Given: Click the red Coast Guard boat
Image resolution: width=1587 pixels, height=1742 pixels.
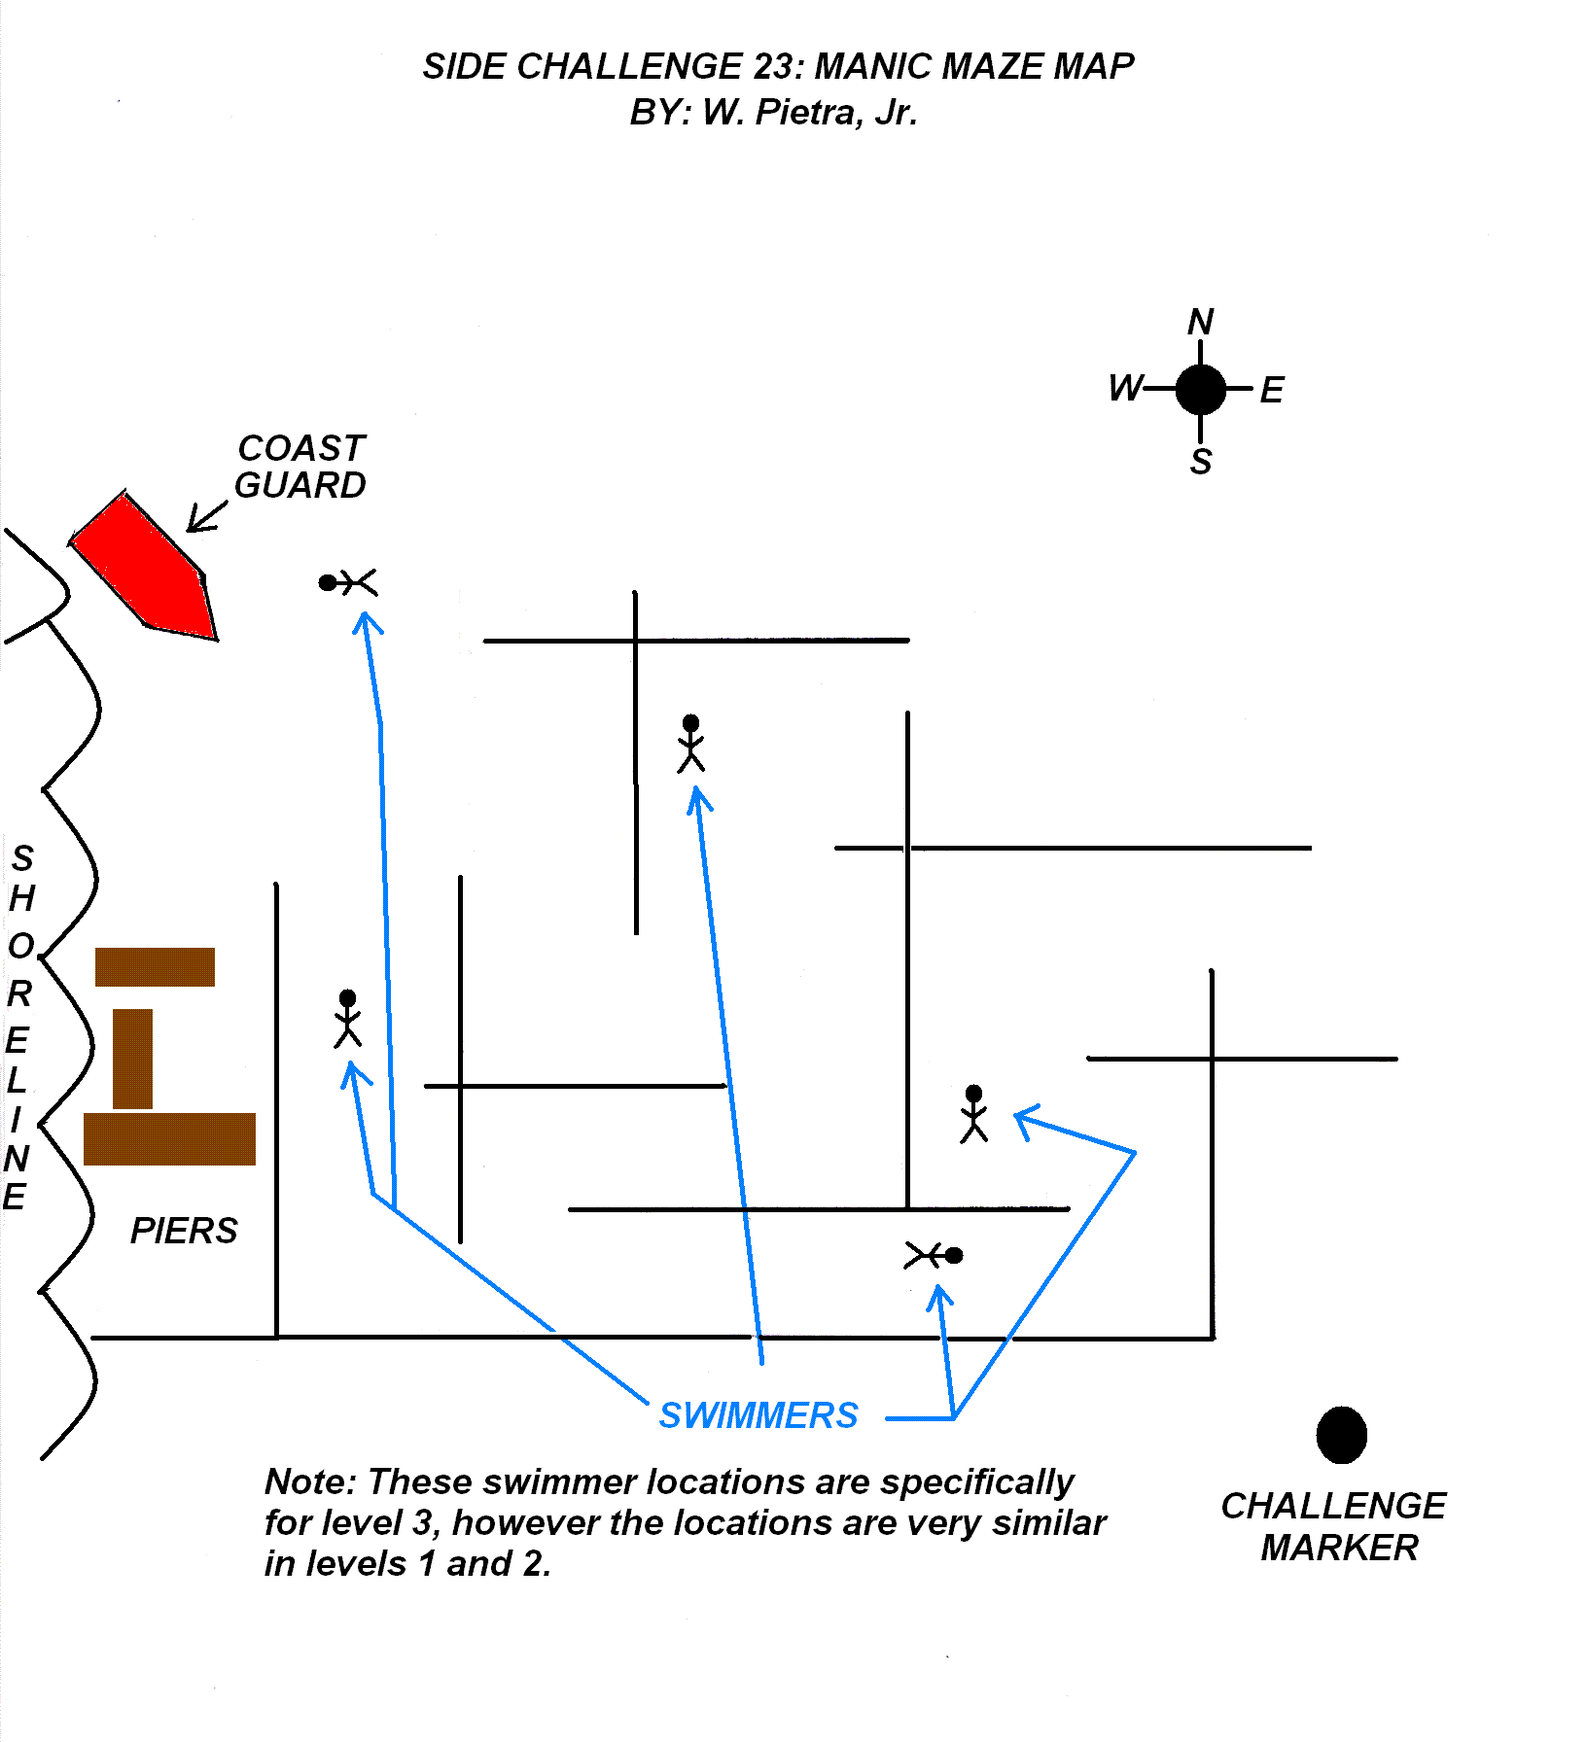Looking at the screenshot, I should click(146, 569).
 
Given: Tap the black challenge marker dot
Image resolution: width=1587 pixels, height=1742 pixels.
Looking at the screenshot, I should click(1341, 1435).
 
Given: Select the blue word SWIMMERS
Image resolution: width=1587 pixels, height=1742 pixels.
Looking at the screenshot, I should click(758, 1415).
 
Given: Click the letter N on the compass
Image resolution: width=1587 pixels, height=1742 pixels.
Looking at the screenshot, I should click(1201, 322).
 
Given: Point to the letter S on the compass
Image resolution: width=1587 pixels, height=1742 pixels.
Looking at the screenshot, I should click(1201, 461).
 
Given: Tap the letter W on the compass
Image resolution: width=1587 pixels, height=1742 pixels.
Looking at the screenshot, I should click(1125, 389).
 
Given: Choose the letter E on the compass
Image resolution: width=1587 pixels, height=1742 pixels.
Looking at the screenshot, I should click(1272, 391).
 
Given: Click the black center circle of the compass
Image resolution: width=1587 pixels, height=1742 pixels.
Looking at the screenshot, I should click(1201, 390).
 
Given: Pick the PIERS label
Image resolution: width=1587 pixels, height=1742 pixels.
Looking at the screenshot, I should click(184, 1231).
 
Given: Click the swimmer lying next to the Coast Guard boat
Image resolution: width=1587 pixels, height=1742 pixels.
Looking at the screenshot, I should click(348, 582).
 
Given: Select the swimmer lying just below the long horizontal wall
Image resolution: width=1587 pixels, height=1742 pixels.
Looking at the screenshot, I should click(934, 1256).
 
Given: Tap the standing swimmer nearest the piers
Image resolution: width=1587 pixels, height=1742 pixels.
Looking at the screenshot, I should click(347, 1019).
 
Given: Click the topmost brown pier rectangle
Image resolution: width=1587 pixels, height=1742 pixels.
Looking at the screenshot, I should click(155, 967).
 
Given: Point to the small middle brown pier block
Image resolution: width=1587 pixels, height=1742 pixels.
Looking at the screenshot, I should click(133, 1059).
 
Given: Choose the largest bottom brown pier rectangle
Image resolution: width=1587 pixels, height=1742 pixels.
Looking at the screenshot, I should click(169, 1139).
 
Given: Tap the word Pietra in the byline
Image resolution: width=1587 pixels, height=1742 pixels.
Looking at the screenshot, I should click(804, 113).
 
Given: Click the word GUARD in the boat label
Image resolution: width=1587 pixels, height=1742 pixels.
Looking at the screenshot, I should click(300, 485).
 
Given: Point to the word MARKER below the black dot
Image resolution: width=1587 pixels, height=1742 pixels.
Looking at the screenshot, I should click(1339, 1548).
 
